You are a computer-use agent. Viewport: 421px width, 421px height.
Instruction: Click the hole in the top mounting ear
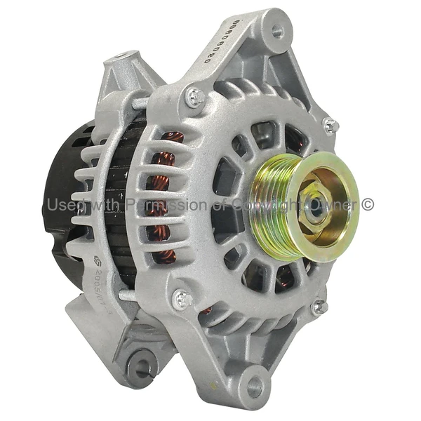277,32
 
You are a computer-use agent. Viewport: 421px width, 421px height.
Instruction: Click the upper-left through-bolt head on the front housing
194,97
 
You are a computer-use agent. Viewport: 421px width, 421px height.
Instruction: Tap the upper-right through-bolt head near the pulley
330,126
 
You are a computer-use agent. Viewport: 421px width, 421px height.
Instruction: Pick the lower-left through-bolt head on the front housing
183,299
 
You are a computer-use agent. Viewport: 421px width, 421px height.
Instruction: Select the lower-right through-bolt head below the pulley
319,307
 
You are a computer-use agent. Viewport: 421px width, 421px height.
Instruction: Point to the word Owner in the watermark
337,205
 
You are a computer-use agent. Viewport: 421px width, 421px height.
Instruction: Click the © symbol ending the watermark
368,205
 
